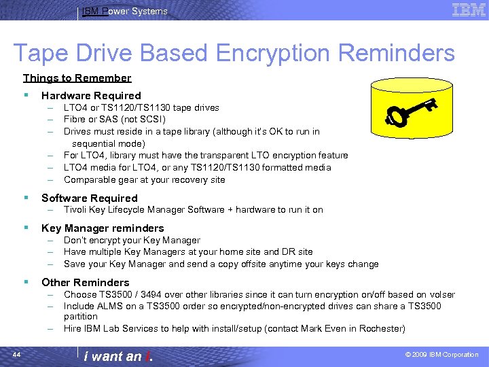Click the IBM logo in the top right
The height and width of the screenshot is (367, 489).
click(x=469, y=10)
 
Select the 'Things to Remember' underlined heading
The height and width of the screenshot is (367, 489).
click(x=77, y=78)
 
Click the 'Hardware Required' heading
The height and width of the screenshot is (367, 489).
click(x=91, y=96)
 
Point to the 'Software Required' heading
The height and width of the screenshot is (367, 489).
click(x=89, y=198)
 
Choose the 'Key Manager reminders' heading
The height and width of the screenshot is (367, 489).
click(x=103, y=228)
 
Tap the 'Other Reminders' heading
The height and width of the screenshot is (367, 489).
click(x=85, y=282)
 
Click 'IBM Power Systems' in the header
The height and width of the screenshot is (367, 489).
click(x=124, y=11)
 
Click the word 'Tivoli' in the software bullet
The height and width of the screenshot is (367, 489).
click(x=75, y=210)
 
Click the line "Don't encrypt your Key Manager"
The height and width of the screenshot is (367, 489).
click(x=132, y=241)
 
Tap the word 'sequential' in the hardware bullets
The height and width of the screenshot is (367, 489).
click(x=94, y=143)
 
